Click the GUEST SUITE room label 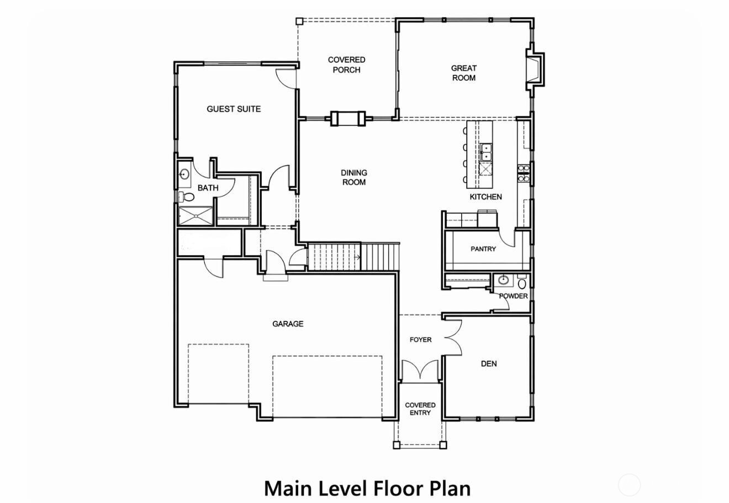234,109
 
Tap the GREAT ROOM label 464,73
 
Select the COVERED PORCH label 347,65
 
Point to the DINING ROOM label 354,178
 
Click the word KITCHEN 485,196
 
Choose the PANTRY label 483,249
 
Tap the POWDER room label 513,296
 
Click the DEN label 489,363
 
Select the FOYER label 420,340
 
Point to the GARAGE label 288,324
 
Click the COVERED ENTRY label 420,409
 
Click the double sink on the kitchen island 486,152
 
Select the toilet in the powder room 522,282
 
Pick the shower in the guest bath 196,216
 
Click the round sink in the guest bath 184,174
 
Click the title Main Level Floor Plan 367,488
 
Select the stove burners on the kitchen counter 523,173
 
